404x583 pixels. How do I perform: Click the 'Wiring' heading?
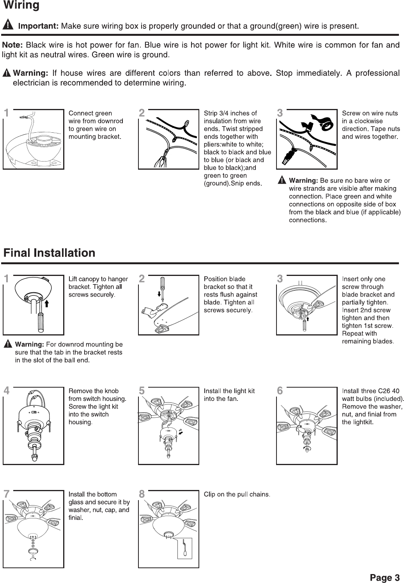tap(21, 6)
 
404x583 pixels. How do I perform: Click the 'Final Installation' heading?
tap(49, 253)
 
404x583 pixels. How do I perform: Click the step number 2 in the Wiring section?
tap(142, 113)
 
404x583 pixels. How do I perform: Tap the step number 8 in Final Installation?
tap(142, 494)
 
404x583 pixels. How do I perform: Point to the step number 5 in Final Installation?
tap(142, 390)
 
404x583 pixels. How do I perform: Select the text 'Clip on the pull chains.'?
tap(237, 495)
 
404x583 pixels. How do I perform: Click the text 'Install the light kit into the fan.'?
tap(229, 395)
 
